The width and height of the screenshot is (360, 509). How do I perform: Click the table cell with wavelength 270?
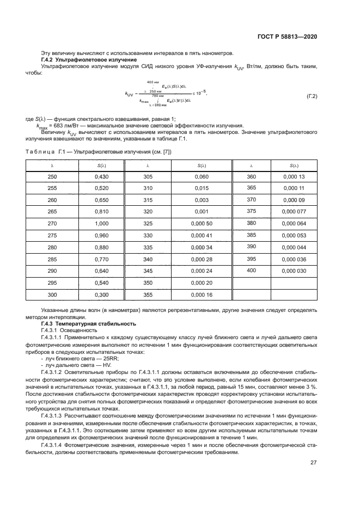click(x=52, y=223)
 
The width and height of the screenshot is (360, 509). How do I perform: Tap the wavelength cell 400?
click(x=251, y=270)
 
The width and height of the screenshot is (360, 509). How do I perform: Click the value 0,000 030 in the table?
click(x=294, y=271)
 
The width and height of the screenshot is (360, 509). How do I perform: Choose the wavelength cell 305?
click(x=148, y=177)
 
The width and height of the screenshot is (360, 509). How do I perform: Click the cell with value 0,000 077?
click(x=294, y=211)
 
